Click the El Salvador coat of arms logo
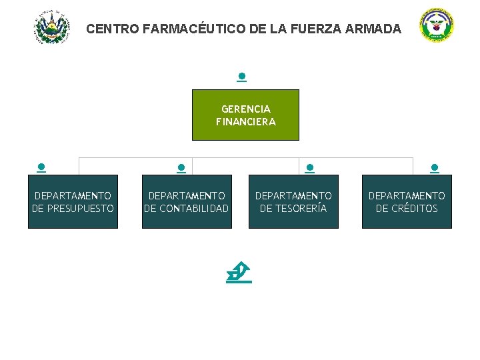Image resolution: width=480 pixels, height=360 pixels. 52,27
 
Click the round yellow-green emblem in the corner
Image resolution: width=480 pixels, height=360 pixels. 437,27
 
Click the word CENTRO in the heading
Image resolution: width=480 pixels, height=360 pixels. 112,29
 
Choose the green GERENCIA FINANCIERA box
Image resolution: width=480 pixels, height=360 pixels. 245,115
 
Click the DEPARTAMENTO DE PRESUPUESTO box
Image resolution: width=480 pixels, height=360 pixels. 73,201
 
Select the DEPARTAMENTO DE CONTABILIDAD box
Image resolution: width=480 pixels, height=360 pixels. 187,201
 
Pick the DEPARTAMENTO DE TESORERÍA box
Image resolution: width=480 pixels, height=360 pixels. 293,201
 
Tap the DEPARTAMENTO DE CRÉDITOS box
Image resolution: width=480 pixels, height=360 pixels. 407,201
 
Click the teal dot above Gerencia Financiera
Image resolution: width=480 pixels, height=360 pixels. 241,77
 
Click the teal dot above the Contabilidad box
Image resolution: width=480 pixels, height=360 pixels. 181,168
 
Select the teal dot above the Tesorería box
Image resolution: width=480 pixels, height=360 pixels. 309,168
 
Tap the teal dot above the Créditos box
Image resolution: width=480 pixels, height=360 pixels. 435,168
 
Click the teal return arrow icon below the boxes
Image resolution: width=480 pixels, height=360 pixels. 239,273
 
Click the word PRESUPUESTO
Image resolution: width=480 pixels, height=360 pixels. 81,208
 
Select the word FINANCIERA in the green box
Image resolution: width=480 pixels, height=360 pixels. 245,122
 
